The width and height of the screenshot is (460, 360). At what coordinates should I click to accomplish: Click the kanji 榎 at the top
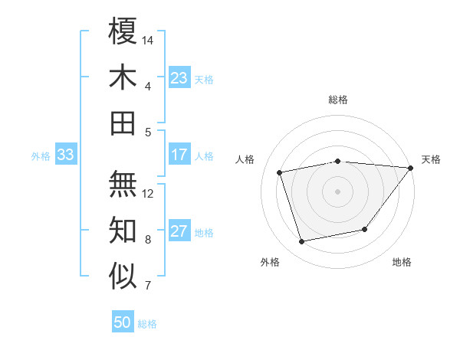(123, 32)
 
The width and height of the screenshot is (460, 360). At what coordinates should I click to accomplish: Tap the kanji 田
(123, 123)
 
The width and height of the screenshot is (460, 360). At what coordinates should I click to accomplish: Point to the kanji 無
(123, 184)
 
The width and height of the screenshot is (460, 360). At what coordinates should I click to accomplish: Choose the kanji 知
(123, 230)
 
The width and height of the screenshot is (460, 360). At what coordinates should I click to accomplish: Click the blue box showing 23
(179, 78)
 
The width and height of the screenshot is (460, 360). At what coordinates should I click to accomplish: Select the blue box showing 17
(179, 155)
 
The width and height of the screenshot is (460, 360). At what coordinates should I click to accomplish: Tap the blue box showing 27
(179, 232)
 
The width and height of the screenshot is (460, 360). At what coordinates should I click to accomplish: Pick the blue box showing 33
(66, 155)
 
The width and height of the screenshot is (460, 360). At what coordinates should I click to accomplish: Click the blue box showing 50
(123, 322)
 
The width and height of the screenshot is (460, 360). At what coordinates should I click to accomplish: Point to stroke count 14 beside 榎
(148, 40)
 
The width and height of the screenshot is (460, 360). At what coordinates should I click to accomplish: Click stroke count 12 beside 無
(148, 193)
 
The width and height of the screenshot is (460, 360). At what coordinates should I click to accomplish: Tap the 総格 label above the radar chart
(338, 100)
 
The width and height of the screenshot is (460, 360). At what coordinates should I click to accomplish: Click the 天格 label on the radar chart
(431, 159)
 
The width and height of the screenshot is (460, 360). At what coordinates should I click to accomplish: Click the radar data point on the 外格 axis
(302, 242)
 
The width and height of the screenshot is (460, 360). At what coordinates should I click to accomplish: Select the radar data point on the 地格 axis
(365, 229)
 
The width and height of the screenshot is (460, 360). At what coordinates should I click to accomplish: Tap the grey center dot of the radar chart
(337, 191)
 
